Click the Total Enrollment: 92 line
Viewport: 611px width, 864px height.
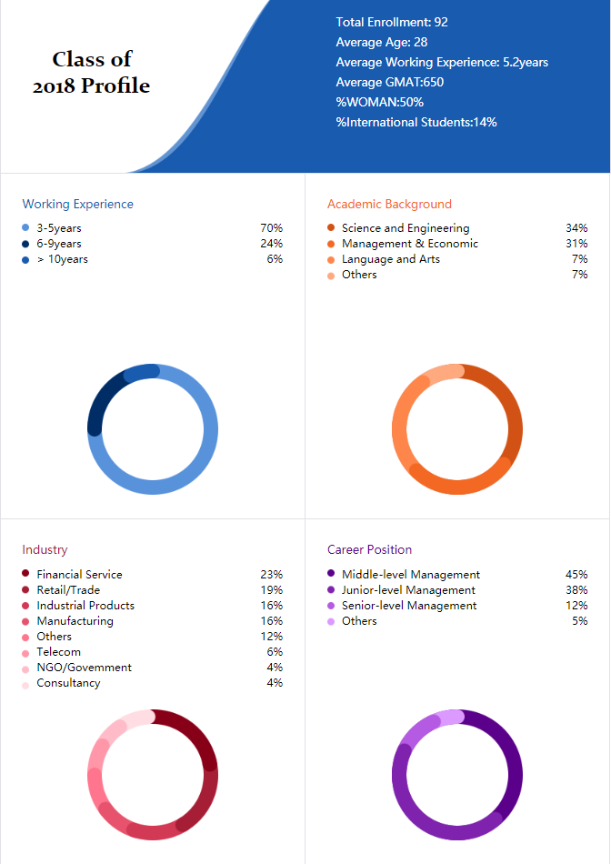pyautogui.click(x=392, y=22)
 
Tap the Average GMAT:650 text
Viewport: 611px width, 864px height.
pyautogui.click(x=389, y=82)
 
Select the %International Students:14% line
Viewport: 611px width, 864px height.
pyautogui.click(x=416, y=123)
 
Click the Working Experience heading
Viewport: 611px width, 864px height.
pyautogui.click(x=77, y=205)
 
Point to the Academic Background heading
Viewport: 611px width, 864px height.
pyautogui.click(x=389, y=205)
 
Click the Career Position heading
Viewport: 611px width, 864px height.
pyautogui.click(x=370, y=549)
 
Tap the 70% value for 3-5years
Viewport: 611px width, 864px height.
pyautogui.click(x=272, y=228)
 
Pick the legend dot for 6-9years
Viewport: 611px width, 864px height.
pyautogui.click(x=25, y=244)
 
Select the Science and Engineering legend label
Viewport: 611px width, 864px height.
pyautogui.click(x=406, y=228)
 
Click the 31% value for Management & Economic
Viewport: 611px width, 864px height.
pyautogui.click(x=576, y=244)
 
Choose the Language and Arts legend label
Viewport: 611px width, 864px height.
pyautogui.click(x=391, y=259)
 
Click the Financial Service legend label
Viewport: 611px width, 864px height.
pyautogui.click(x=79, y=574)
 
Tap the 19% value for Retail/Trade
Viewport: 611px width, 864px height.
pyautogui.click(x=272, y=589)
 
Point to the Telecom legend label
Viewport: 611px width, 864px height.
pyautogui.click(x=58, y=652)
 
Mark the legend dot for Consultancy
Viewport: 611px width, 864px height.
pyautogui.click(x=25, y=686)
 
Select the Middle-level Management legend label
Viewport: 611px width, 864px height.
pyautogui.click(x=410, y=574)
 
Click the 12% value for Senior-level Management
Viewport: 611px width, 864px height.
pyautogui.click(x=576, y=605)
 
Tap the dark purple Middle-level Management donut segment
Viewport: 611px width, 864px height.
pyautogui.click(x=510, y=749)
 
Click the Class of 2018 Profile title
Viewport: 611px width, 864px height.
pyautogui.click(x=92, y=72)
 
